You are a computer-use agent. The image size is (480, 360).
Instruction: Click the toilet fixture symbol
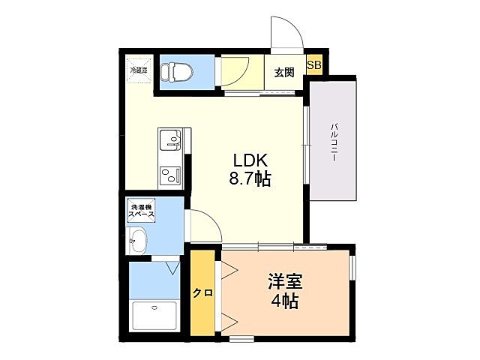(x=178, y=72)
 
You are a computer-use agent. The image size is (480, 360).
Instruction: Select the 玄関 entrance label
(x=283, y=73)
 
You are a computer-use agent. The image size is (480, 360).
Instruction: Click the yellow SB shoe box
(x=313, y=65)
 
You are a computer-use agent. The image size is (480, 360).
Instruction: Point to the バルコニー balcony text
(x=332, y=139)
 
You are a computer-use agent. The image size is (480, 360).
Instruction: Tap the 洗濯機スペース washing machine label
(x=142, y=211)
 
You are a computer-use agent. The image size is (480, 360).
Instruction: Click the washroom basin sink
(x=139, y=241)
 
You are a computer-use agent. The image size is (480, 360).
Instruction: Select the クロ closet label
(x=202, y=293)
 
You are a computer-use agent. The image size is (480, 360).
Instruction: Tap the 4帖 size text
(x=286, y=301)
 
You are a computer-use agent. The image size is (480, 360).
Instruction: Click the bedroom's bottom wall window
(x=242, y=339)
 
